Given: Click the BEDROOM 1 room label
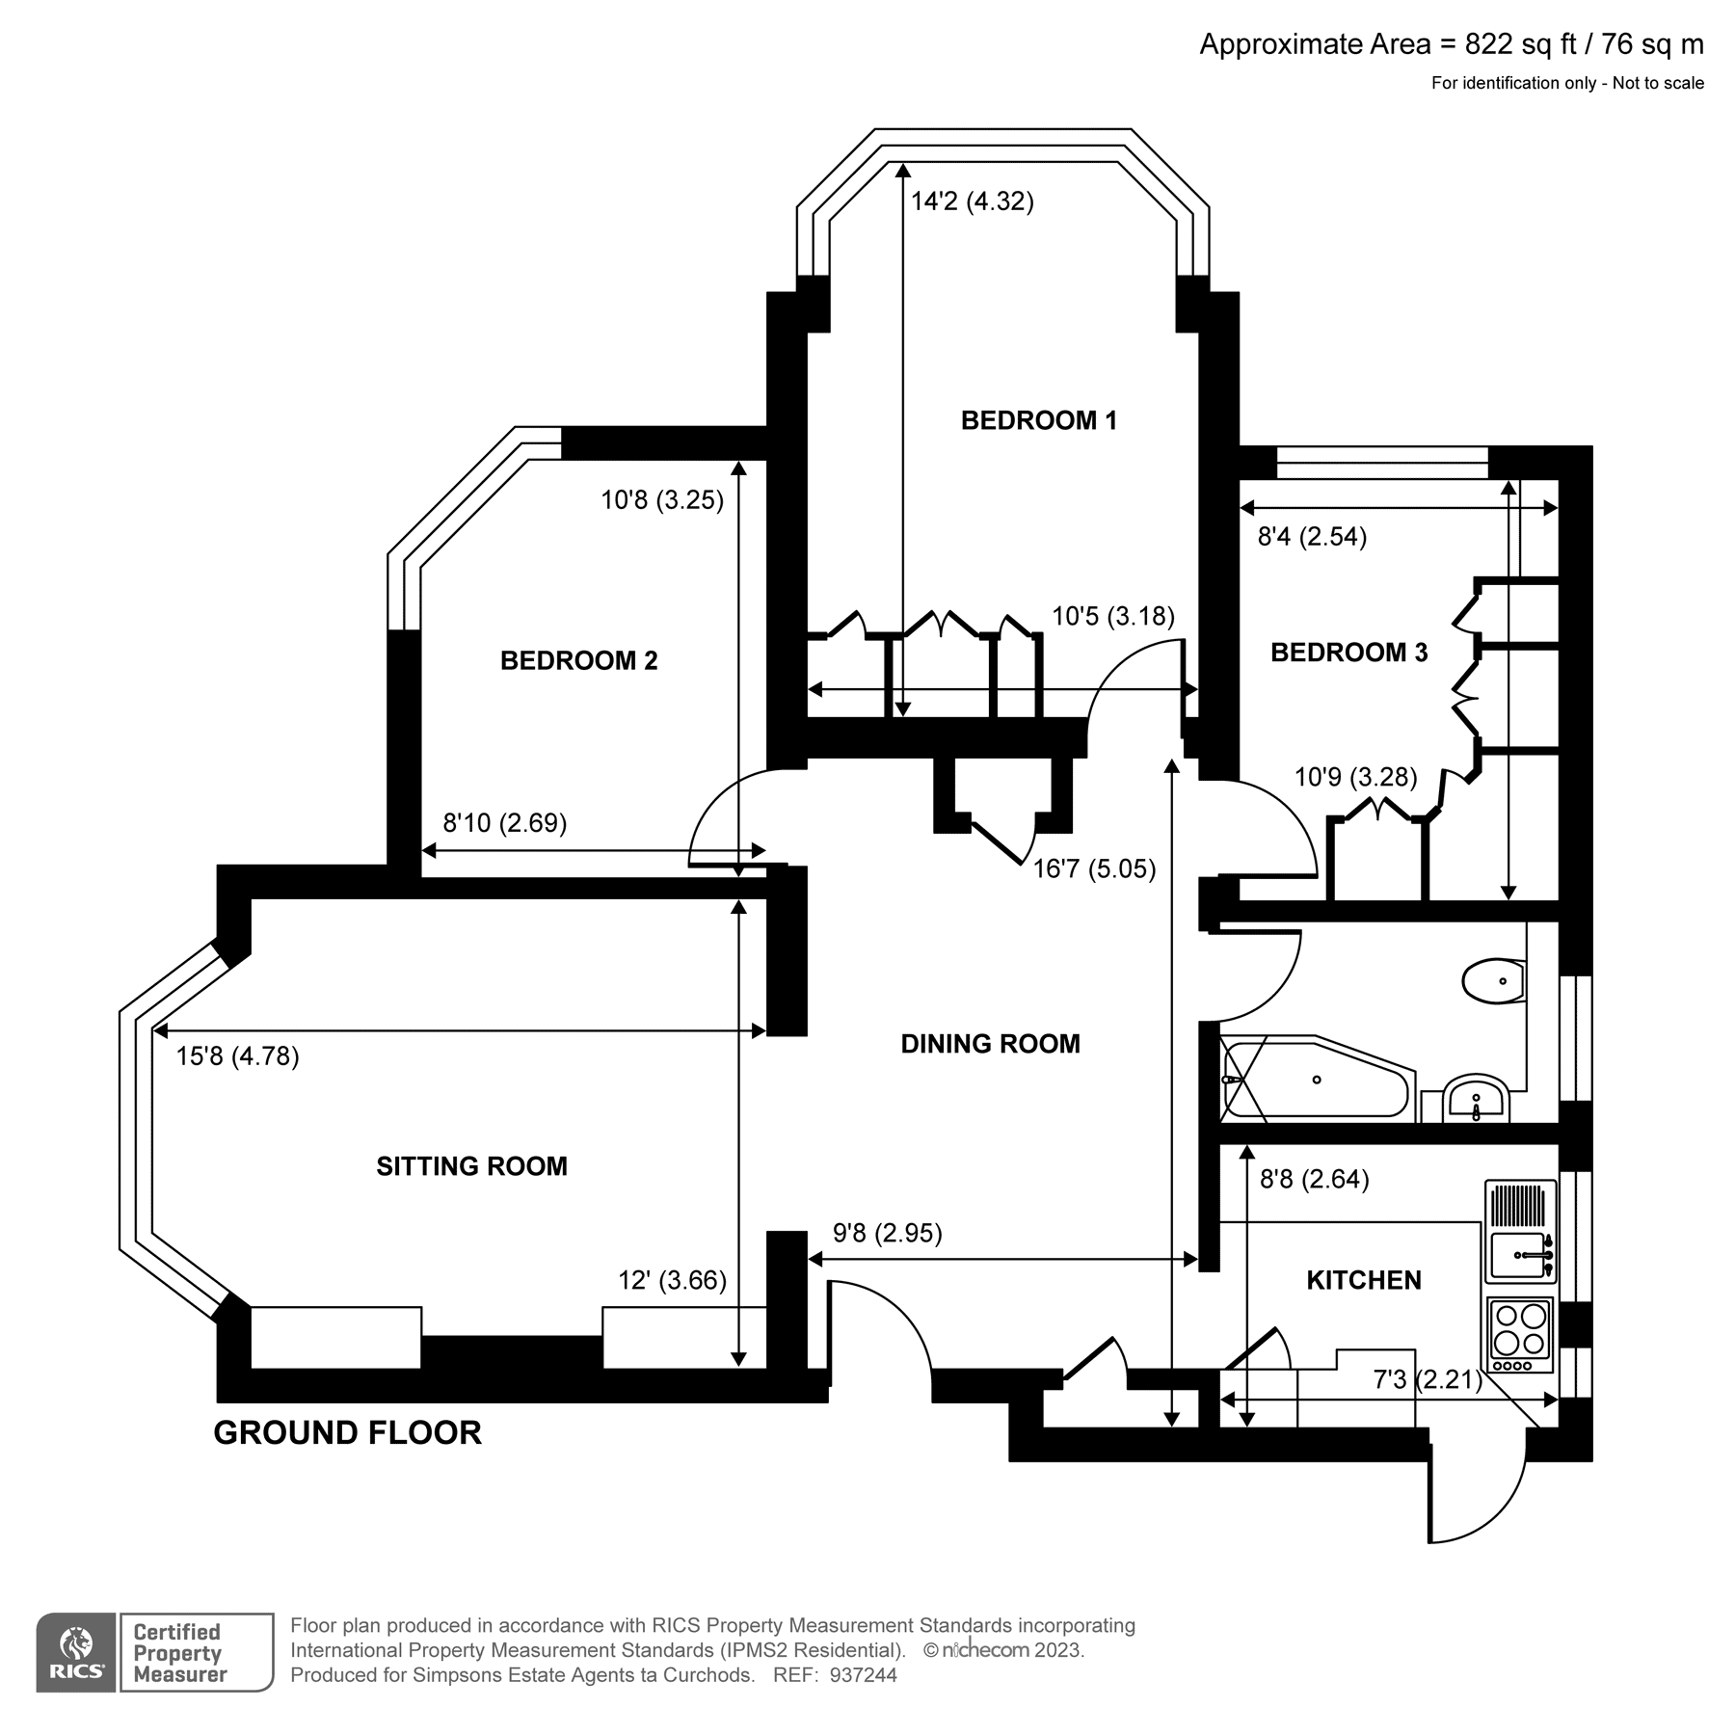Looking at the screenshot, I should coord(1038,420).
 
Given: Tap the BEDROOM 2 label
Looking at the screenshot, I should coord(578,660).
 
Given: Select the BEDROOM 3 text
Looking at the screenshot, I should coord(1348,653).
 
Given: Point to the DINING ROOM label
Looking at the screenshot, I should coord(990,1044).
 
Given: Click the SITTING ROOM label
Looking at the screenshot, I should coord(471,1166).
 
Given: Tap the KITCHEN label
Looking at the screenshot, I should coord(1363,1280).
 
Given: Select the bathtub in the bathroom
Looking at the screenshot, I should coord(1316,1080).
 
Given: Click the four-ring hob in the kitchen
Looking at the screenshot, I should coord(1521,1329).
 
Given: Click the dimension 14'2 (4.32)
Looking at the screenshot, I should coord(972,201).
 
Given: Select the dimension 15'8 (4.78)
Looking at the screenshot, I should coord(237,1056).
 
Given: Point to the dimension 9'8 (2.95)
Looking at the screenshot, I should coord(887,1233).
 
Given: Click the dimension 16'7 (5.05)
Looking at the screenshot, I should coord(1094,869).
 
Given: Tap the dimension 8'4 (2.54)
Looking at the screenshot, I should coord(1312,537).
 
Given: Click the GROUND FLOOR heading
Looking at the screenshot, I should coord(347,1433).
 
